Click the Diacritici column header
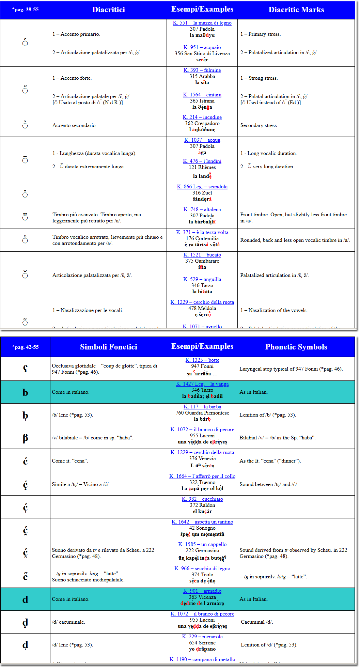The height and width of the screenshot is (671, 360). click(108, 10)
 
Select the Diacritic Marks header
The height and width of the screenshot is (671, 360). click(296, 10)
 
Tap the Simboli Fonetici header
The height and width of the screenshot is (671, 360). click(108, 347)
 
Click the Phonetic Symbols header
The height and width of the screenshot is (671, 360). click(296, 347)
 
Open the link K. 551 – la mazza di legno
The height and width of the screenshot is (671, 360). click(202, 23)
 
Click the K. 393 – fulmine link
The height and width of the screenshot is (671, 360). click(202, 70)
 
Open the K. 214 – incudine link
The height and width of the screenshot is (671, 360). click(202, 117)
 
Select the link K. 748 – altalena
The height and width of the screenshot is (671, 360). click(202, 209)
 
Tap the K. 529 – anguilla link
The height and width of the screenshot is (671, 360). click(202, 279)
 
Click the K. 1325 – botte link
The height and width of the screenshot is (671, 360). click(202, 360)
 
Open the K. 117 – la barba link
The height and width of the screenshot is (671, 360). click(202, 407)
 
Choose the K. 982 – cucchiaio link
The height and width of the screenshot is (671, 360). click(202, 499)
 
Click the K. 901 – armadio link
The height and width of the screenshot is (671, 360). click(202, 591)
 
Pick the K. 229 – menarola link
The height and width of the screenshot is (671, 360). click(202, 637)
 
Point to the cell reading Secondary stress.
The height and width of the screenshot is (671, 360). click(259, 125)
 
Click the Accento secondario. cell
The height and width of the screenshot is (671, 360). click(75, 125)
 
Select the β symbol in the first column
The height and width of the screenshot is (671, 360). click(25, 438)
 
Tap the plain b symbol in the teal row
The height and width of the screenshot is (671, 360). click(25, 392)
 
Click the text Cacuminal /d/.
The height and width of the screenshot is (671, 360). click(257, 622)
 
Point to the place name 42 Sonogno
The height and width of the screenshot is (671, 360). click(202, 528)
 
